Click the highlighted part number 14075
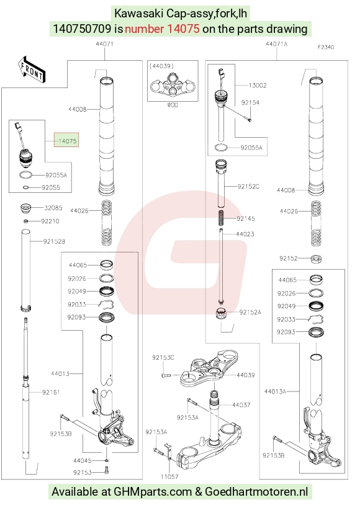click(x=68, y=141)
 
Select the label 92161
click(x=51, y=392)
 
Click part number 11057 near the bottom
click(x=169, y=476)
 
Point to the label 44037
click(x=241, y=405)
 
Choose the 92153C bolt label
click(x=163, y=357)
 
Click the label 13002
click(x=258, y=86)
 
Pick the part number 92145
click(x=246, y=218)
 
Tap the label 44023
click(x=245, y=234)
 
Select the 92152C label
click(x=248, y=187)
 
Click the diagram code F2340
click(x=326, y=47)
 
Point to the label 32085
click(x=53, y=208)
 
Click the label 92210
click(x=50, y=221)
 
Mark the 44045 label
click(x=83, y=460)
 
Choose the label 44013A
click(x=275, y=391)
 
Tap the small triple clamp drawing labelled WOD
click(x=173, y=84)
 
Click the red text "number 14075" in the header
click(x=162, y=29)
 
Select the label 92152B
click(x=54, y=241)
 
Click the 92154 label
click(x=250, y=103)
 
